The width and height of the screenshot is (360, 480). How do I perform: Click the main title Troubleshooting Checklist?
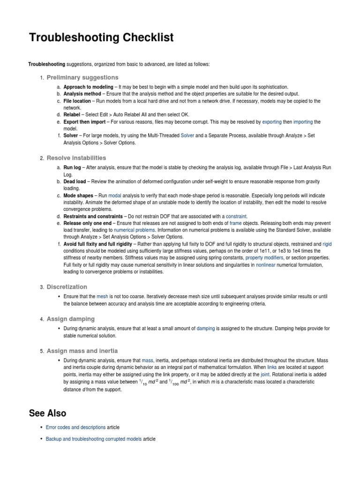101,37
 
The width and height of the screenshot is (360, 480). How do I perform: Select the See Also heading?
47,413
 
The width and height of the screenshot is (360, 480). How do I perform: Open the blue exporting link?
272,122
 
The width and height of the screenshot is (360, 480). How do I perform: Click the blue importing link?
303,122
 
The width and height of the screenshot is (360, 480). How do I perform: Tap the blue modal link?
115,195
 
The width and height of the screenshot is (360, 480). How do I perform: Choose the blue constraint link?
236,217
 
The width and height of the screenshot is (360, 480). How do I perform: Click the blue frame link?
235,224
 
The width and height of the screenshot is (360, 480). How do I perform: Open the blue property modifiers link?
264,258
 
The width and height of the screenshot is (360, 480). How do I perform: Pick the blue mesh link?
102,296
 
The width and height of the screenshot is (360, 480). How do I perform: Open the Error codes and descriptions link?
75,427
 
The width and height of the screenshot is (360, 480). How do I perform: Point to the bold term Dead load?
75,181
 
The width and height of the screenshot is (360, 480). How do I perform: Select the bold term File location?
78,101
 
